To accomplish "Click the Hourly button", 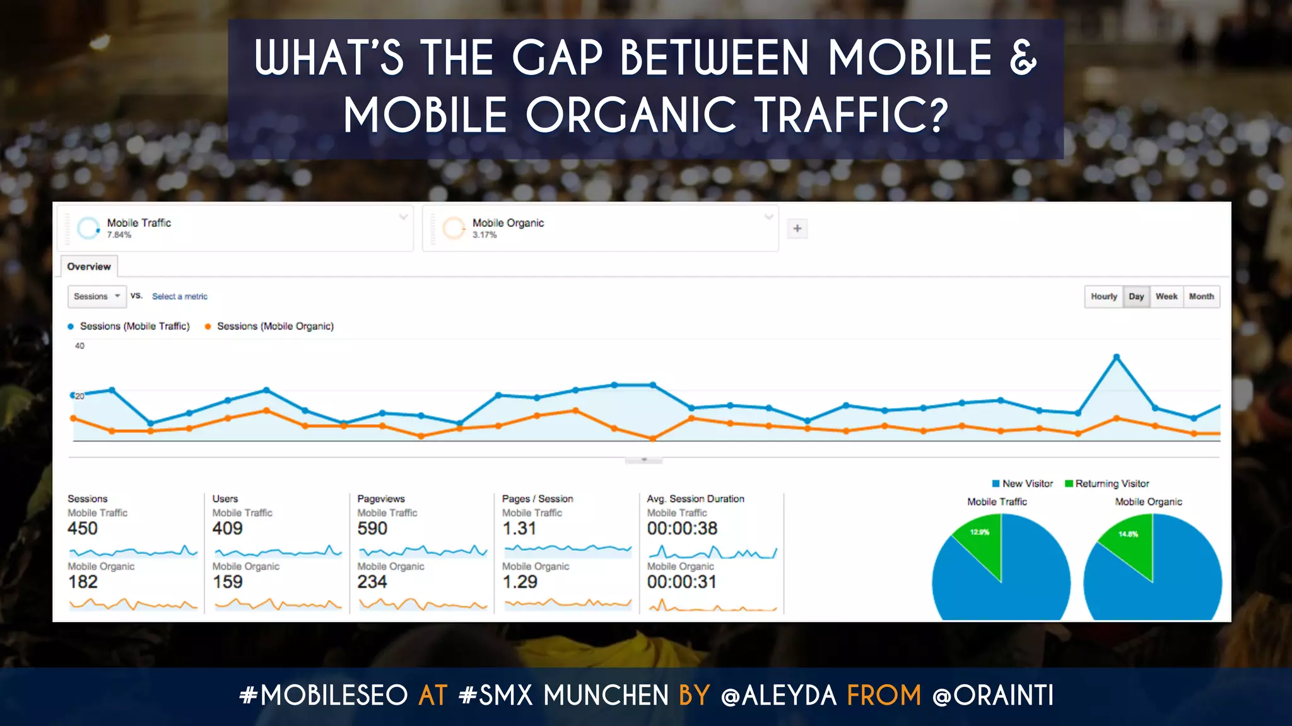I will pyautogui.click(x=1103, y=296).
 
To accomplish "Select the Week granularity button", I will pyautogui.click(x=1166, y=296).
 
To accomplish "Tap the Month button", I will pyautogui.click(x=1201, y=296).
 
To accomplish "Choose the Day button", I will pyautogui.click(x=1136, y=296).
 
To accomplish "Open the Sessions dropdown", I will pyautogui.click(x=97, y=296).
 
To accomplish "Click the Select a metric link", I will pyautogui.click(x=179, y=296).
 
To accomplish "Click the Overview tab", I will pyautogui.click(x=89, y=267).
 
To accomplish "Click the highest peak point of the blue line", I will pyautogui.click(x=1116, y=357).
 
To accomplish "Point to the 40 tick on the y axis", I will pyautogui.click(x=79, y=346).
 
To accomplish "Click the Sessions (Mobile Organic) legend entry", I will pyautogui.click(x=274, y=326).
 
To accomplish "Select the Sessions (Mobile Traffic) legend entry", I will pyautogui.click(x=134, y=326).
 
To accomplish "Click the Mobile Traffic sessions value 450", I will pyautogui.click(x=83, y=528).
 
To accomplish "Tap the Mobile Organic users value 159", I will pyautogui.click(x=227, y=582).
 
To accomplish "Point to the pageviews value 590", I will pyautogui.click(x=372, y=528).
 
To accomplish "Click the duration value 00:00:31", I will pyautogui.click(x=681, y=582).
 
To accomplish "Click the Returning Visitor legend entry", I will pyautogui.click(x=1112, y=483).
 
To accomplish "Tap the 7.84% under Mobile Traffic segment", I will pyautogui.click(x=119, y=235).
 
